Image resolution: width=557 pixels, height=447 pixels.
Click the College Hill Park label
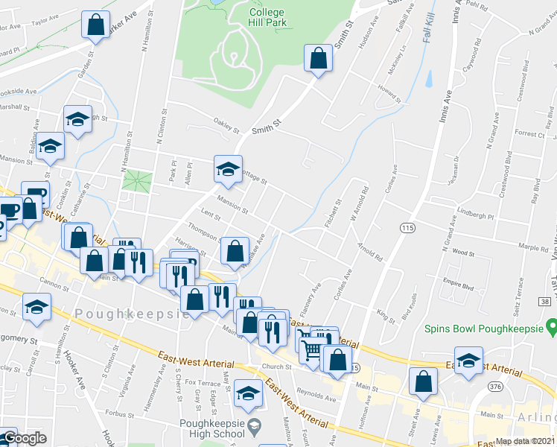[x=267, y=18]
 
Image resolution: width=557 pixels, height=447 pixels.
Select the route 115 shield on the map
[x=407, y=226]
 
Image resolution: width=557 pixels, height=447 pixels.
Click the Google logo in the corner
[x=25, y=438]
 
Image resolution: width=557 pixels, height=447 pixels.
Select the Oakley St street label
[x=226, y=127]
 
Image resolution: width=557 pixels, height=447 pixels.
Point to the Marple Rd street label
[x=533, y=246]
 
